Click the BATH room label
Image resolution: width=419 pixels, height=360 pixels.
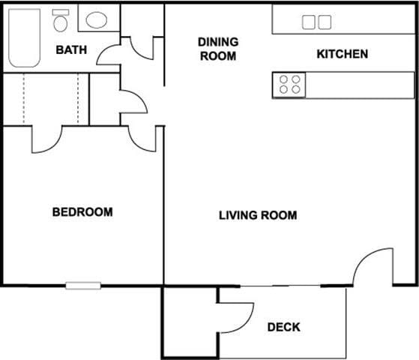pos(71,51)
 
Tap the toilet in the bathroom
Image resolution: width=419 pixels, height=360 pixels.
pos(60,21)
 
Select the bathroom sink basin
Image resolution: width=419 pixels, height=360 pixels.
pos(96,19)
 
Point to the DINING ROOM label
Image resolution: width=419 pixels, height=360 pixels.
pos(218,49)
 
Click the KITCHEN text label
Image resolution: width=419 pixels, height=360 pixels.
pos(342,54)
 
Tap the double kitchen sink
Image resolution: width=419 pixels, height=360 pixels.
pos(316,22)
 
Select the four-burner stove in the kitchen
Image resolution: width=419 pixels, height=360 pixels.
pos(290,84)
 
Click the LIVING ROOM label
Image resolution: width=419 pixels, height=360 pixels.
pos(258,215)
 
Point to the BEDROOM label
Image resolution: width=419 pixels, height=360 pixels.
pos(82,212)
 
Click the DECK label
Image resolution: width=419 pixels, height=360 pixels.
pos(283,327)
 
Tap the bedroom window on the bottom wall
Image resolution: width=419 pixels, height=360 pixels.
pos(82,285)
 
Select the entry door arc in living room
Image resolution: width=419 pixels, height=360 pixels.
pos(373,267)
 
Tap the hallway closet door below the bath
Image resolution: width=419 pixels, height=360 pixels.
pos(133,102)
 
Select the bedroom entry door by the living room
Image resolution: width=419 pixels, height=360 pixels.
pos(142,138)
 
